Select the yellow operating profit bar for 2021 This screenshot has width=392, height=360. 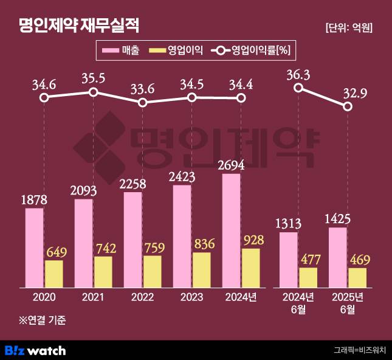coord(103,271)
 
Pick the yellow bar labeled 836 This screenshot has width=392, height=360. coord(202,269)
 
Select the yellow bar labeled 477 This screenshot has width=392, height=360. coord(308,277)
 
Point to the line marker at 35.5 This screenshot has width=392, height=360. coord(93,92)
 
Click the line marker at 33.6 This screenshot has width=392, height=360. coord(142,102)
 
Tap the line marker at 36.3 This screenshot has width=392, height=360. coord(298,88)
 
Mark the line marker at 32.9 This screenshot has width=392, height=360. coord(348,106)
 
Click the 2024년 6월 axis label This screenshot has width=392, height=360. coord(298,302)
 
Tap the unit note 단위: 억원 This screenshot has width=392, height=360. coord(349,27)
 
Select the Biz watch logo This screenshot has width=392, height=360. coord(35,350)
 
